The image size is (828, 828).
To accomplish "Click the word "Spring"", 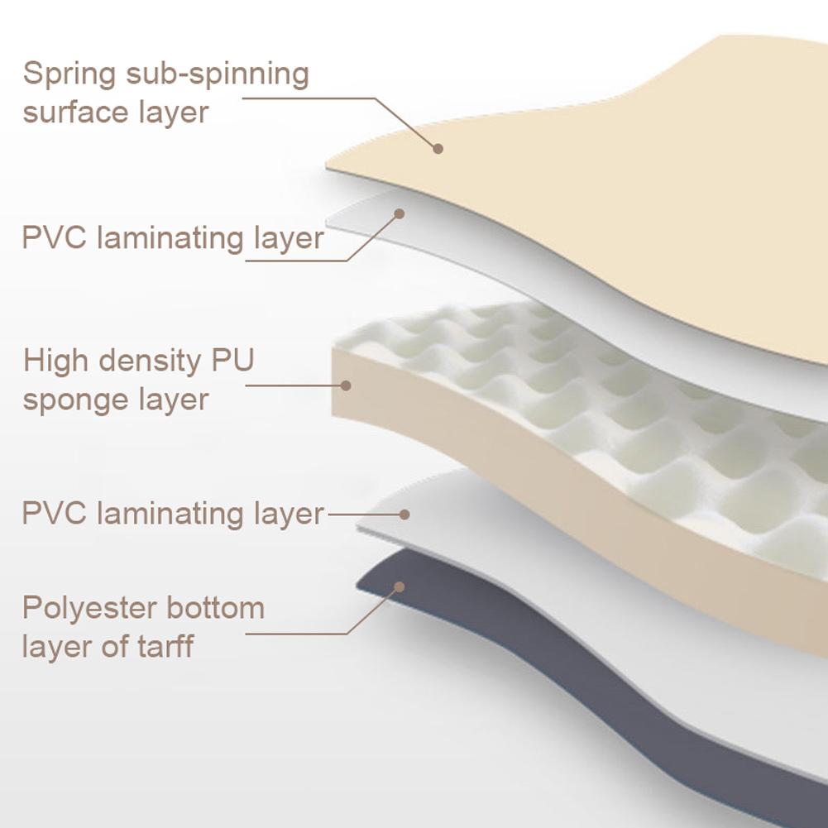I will [x=69, y=75].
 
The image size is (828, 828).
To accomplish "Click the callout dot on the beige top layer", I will [x=438, y=149].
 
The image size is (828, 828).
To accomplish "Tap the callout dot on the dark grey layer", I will [x=399, y=586].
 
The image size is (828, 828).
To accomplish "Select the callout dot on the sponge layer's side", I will [x=346, y=385].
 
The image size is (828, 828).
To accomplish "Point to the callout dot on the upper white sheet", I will [x=399, y=213].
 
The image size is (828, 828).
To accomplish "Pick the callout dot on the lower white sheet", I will [x=404, y=514].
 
